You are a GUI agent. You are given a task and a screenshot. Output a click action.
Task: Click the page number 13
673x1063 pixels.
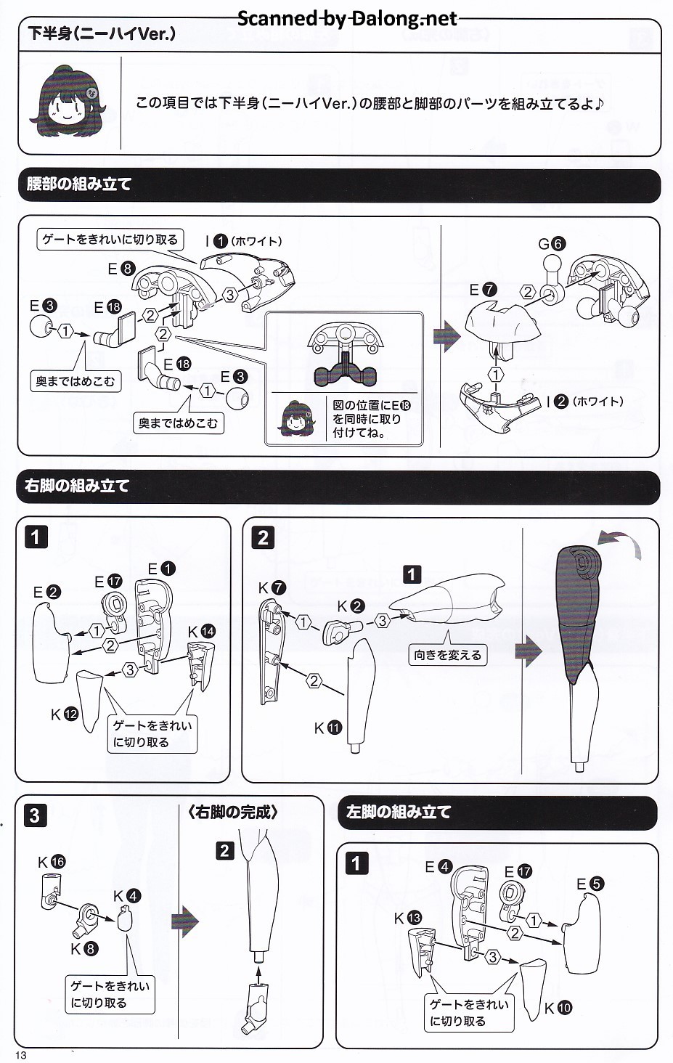click(20, 1054)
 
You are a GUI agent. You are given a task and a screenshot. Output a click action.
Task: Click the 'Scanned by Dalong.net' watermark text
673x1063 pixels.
click(347, 18)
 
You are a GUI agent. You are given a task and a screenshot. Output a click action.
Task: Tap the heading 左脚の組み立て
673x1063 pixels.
click(399, 812)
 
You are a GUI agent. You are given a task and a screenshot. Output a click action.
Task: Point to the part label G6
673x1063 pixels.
click(551, 244)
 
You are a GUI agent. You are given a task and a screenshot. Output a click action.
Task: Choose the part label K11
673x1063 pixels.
click(327, 728)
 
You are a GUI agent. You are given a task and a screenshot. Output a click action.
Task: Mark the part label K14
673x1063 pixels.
click(201, 631)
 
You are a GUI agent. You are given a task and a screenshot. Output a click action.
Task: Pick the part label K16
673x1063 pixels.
click(52, 862)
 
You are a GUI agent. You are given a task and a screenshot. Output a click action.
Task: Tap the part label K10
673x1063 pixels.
click(558, 1007)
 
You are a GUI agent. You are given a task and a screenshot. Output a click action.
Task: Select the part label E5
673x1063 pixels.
click(590, 884)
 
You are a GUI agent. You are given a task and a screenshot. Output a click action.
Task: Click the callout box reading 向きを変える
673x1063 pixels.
click(447, 655)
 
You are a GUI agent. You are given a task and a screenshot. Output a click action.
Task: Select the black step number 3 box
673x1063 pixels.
click(35, 815)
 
